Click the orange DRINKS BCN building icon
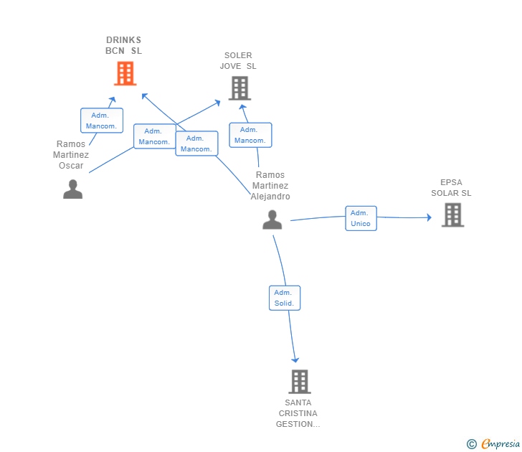(125, 73)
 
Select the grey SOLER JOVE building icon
(239, 88)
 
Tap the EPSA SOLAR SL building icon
(452, 215)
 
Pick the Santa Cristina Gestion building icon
(299, 382)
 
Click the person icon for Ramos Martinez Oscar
(72, 189)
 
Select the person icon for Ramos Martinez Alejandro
(272, 220)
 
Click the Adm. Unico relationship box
(361, 218)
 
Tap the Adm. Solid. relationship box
(285, 298)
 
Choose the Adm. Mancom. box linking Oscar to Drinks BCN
(101, 121)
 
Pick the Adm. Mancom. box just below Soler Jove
(250, 135)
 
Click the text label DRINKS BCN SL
(124, 45)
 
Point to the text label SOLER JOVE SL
(238, 61)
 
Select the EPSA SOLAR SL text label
(451, 187)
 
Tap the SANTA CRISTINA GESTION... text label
(298, 413)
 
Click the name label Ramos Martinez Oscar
(71, 155)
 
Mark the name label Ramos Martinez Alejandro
(270, 185)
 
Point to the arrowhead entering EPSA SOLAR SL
(429, 217)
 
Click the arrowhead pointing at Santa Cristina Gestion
(295, 359)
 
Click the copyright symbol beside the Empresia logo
(471, 444)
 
